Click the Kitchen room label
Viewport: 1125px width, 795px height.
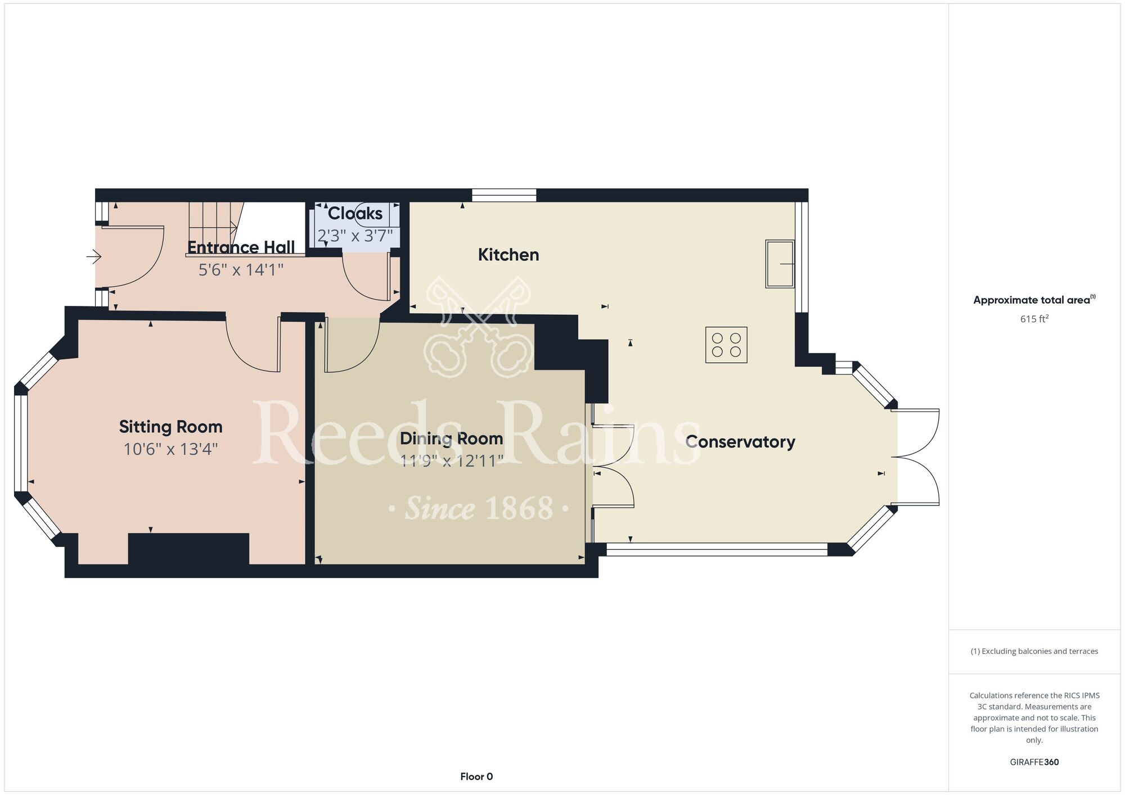(508, 255)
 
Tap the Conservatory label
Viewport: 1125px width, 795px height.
(740, 442)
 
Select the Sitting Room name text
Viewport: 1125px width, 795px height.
(170, 427)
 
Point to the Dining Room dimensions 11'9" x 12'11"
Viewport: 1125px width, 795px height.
(452, 461)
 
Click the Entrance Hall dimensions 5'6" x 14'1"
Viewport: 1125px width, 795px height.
(241, 270)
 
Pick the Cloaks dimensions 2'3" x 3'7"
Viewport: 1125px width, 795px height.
(355, 236)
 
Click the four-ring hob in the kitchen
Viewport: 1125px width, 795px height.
(726, 345)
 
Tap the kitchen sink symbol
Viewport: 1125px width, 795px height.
(780, 264)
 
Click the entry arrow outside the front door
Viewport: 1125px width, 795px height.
(94, 258)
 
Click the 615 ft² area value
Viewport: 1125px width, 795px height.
(1034, 319)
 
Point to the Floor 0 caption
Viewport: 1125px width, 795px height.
(476, 776)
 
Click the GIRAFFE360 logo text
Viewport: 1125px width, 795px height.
(1034, 762)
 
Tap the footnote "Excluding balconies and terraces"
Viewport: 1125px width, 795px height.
(1034, 651)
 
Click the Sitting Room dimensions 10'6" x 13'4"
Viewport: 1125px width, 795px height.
(170, 449)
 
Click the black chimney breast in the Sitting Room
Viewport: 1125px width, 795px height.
(188, 549)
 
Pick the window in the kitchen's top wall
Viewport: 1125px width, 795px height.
(504, 195)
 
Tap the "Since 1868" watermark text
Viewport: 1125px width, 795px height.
(479, 508)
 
